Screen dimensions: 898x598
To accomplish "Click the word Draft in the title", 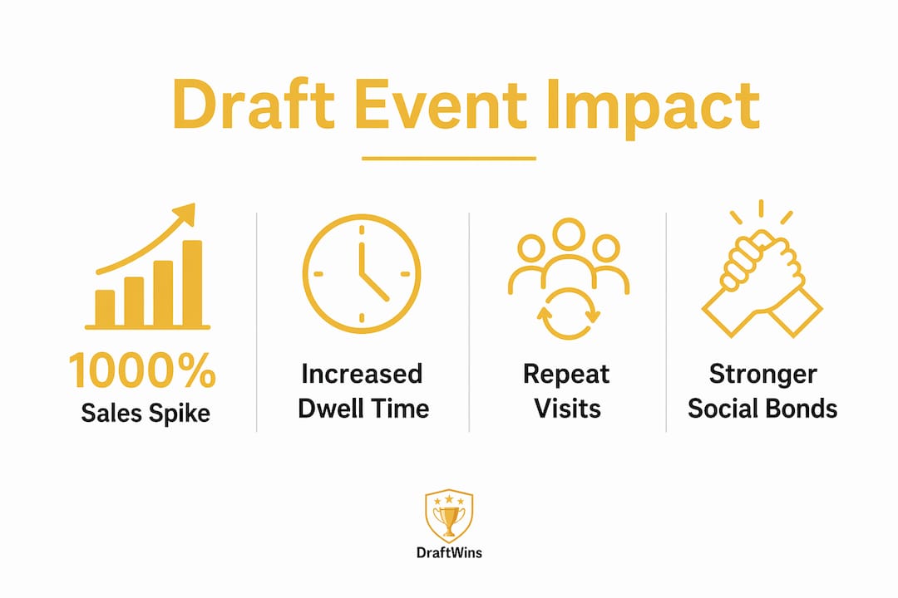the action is tap(253, 105).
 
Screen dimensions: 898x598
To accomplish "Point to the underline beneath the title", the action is tap(449, 159).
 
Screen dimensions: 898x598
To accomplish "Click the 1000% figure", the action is tap(142, 370).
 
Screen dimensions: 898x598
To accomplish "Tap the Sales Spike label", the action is tap(146, 414).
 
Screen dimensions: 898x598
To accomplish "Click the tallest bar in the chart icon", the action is tap(192, 283).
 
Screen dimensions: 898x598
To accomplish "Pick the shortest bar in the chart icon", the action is tap(105, 308).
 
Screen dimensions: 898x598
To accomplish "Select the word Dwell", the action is tap(331, 409).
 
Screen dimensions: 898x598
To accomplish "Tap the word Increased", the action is tap(362, 374).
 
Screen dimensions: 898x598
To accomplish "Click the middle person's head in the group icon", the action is tap(569, 233).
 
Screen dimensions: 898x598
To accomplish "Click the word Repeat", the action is tap(566, 375).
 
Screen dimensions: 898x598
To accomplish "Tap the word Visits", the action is tap(568, 409).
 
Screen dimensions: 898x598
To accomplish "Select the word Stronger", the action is tap(762, 375).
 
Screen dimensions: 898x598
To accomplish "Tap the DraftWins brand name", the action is tap(449, 553).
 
